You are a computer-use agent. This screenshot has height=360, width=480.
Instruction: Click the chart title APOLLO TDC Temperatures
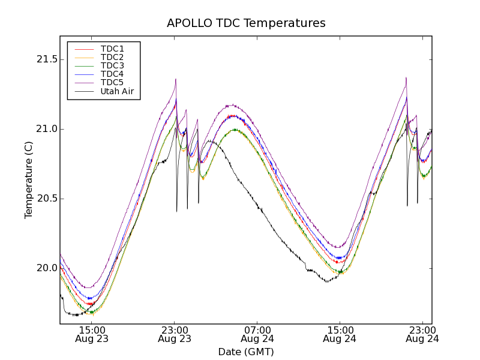pos(246,23)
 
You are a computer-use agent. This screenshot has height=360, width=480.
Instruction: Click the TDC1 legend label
pos(112,49)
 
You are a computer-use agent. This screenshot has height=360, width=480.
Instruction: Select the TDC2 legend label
pos(112,57)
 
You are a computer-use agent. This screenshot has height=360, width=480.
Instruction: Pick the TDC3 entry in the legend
pos(112,65)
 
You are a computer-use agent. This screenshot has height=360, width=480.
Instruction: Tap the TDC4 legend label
pos(112,74)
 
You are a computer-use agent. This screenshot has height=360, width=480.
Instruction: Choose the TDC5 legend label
pos(112,82)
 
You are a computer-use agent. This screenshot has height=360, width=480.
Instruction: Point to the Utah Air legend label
pos(117,92)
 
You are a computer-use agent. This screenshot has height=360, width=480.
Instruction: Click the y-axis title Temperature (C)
pos(29,180)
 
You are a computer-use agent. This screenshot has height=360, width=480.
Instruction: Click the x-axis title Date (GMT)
pos(246,352)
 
